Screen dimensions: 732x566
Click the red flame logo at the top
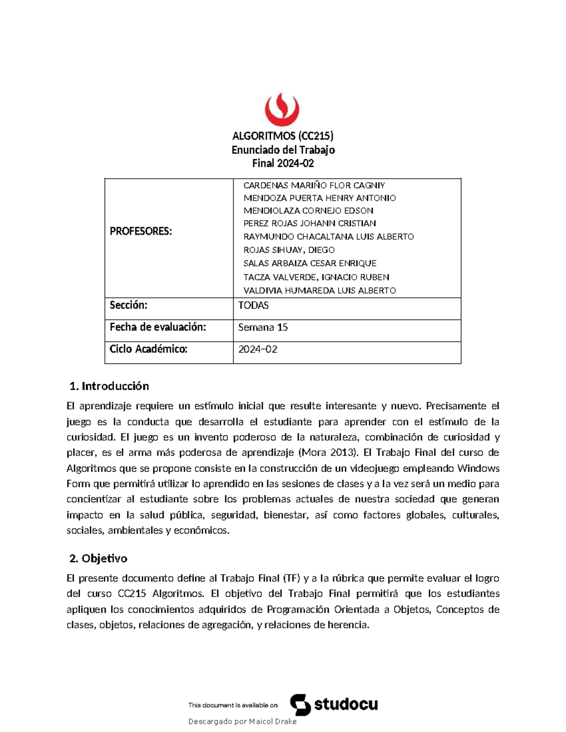coord(282,109)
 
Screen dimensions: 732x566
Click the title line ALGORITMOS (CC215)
coord(283,136)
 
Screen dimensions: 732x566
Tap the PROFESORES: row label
coord(141,231)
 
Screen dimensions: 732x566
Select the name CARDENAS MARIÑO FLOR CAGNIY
coord(314,185)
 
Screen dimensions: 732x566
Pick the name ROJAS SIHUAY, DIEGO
coord(289,250)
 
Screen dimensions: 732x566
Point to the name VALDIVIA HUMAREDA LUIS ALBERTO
coord(319,290)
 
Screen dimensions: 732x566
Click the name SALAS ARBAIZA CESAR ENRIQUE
coord(309,263)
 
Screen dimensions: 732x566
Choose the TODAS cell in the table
coord(253,305)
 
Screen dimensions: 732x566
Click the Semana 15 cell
coord(263,327)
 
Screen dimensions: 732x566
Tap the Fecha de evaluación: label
coord(158,327)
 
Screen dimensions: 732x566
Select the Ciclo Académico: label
coord(148,349)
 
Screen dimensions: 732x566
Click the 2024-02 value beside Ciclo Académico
coord(258,349)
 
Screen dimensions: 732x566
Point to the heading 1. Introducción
coord(109,386)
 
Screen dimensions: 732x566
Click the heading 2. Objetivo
coord(98,559)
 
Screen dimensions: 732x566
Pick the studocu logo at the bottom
coord(334,705)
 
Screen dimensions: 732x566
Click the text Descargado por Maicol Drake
coord(242,721)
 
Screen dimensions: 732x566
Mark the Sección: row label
coord(128,305)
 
